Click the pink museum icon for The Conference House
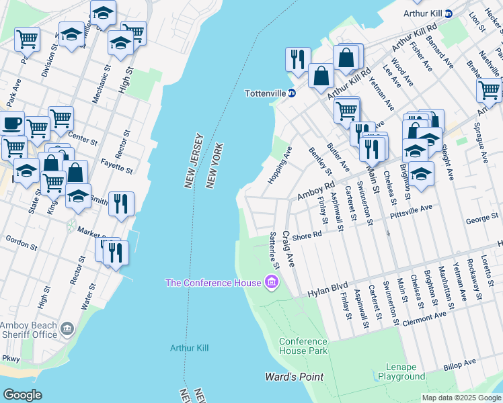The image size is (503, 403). (x=272, y=282)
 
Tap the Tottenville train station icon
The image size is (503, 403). (x=292, y=93)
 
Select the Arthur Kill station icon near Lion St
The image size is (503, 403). (x=449, y=13)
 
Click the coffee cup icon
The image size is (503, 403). (x=12, y=125)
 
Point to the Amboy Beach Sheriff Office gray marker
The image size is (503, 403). (x=67, y=328)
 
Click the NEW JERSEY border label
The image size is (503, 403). (x=192, y=160)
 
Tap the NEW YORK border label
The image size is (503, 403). (x=215, y=165)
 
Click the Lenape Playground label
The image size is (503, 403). (x=401, y=372)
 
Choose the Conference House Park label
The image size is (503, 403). (x=303, y=346)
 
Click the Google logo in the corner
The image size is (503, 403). (x=22, y=395)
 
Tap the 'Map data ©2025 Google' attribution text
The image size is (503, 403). (x=461, y=398)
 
